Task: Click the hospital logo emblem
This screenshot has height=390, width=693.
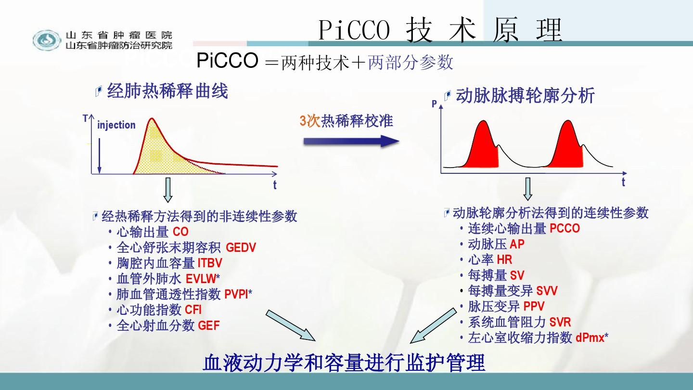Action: click(x=47, y=40)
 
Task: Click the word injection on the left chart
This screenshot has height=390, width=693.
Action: click(x=116, y=125)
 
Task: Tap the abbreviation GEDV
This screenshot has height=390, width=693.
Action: click(x=241, y=247)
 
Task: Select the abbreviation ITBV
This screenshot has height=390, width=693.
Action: click(x=210, y=263)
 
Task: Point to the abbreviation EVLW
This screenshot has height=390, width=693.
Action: click(x=201, y=279)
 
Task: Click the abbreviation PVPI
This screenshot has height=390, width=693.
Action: click(x=236, y=294)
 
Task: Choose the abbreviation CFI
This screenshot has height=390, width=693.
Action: click(x=193, y=310)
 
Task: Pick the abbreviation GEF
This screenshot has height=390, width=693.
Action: click(x=209, y=325)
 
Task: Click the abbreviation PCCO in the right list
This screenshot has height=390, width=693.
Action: click(x=565, y=228)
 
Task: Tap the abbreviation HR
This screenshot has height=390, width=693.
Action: click(x=504, y=260)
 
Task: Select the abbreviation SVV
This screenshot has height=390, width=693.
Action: click(x=547, y=291)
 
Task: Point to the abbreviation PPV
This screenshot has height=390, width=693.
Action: click(x=534, y=306)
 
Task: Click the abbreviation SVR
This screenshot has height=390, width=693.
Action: click(x=560, y=322)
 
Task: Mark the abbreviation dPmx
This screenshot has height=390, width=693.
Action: click(x=590, y=338)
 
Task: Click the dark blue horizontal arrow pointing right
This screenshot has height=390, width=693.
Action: click(x=351, y=141)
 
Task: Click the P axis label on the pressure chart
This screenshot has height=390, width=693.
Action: click(x=435, y=104)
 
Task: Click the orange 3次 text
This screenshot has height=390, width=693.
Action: click(x=310, y=121)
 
